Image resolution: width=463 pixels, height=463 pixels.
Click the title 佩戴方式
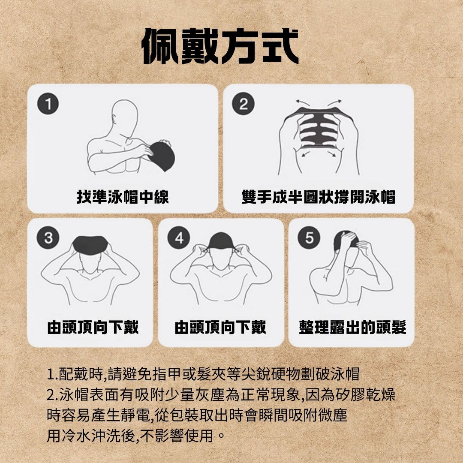[x=220, y=46]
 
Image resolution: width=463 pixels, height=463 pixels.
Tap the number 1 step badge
[x=48, y=104]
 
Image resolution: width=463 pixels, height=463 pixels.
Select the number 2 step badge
[x=243, y=104]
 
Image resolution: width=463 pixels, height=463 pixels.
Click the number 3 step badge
[x=48, y=238]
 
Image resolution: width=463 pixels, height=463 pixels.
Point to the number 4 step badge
[x=179, y=238]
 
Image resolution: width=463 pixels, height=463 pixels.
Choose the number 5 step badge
[x=309, y=238]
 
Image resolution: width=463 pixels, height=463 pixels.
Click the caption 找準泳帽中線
[x=123, y=197]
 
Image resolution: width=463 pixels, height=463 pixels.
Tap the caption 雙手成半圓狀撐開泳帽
[x=318, y=197]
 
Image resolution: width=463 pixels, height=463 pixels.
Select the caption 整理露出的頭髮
[x=352, y=327]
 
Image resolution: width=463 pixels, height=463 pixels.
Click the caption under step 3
[x=93, y=327]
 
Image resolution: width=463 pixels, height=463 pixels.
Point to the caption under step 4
[x=220, y=327]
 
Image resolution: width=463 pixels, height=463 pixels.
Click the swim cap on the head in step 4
[x=221, y=241]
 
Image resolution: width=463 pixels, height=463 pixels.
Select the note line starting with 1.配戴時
[x=203, y=374]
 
